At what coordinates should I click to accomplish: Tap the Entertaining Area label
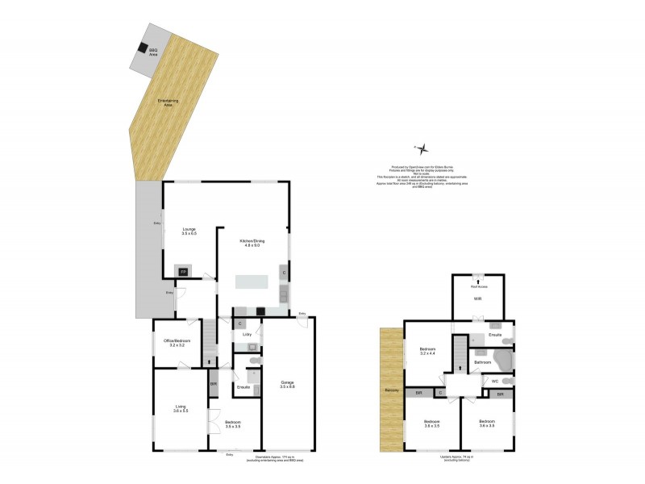166,102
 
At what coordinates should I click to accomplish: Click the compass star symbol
425,148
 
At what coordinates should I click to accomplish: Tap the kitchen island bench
252,282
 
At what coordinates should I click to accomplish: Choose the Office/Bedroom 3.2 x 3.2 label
177,343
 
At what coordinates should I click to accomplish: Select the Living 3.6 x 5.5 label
181,409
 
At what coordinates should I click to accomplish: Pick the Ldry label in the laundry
248,334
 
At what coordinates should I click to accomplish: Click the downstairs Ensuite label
243,389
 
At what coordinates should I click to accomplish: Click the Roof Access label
478,286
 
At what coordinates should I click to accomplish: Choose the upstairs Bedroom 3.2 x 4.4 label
428,352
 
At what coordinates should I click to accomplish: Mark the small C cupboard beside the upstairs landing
440,393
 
